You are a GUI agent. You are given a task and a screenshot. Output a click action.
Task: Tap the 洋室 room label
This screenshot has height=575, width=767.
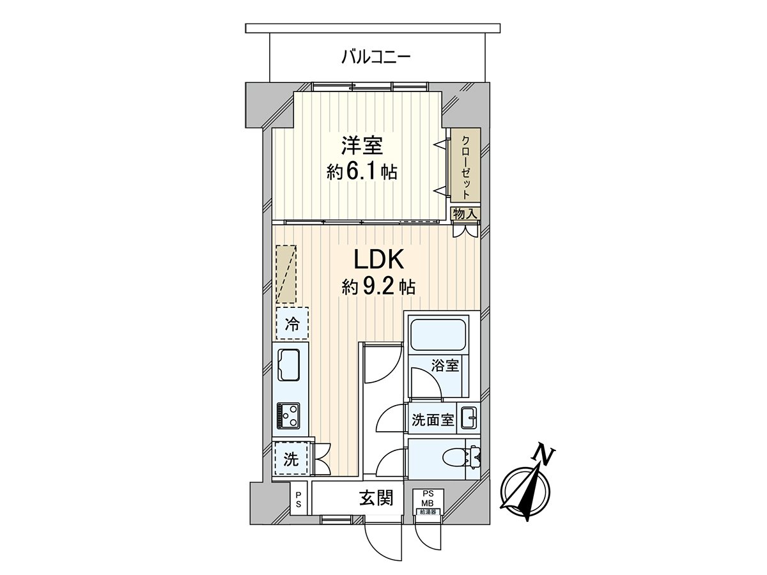click(362, 146)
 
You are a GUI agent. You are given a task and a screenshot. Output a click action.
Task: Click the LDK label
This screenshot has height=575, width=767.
click(378, 259)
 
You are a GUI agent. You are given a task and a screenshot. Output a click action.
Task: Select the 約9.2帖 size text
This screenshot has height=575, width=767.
click(378, 287)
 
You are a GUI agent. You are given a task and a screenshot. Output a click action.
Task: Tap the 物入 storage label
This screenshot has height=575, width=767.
click(465, 213)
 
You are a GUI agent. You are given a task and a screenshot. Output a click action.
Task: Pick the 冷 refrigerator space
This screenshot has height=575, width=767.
click(292, 323)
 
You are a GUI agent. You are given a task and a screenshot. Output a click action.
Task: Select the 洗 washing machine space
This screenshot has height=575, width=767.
click(291, 459)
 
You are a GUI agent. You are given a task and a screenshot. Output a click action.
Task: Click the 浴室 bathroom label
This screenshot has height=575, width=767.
click(445, 366)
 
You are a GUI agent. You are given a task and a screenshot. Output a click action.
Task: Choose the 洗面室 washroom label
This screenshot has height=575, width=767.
click(432, 420)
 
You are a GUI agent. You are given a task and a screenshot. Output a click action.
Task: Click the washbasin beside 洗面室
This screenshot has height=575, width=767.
click(470, 420)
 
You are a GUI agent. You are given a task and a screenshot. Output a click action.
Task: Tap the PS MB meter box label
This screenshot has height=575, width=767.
click(427, 498)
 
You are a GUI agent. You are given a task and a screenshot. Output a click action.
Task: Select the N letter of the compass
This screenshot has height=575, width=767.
click(544, 455)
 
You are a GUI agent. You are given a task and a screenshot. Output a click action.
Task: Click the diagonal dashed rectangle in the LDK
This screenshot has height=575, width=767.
click(287, 273)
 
